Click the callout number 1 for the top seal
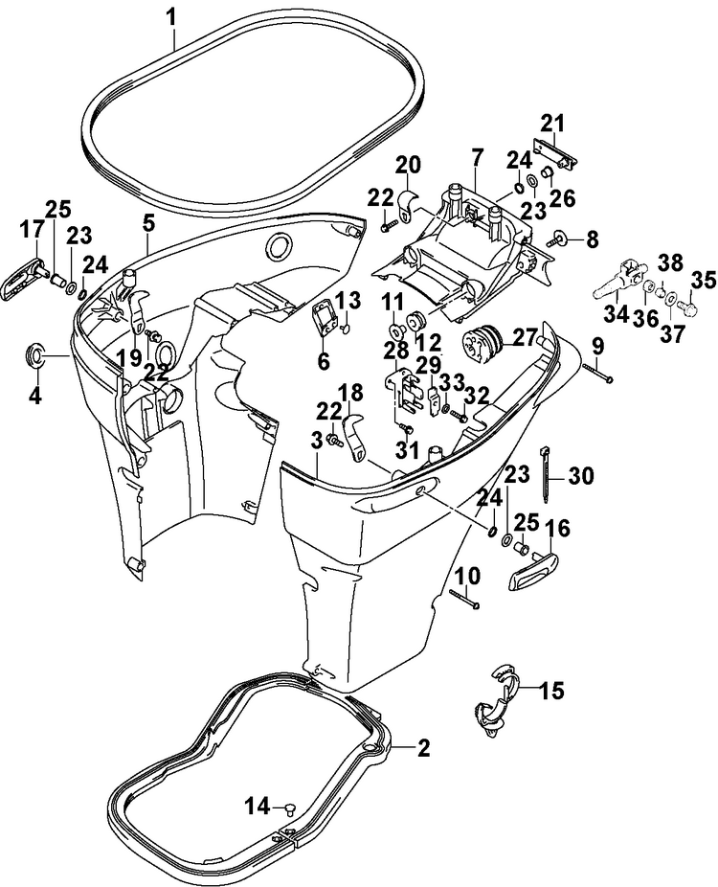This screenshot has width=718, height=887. coord(172,17)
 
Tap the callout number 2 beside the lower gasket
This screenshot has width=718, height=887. coord(423,748)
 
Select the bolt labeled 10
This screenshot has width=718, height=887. coord(464,599)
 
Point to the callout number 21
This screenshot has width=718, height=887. coord(553,124)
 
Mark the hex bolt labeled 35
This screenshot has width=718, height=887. coord(688,307)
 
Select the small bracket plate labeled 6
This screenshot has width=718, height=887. coord(322,320)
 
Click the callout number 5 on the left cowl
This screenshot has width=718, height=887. coord(148,223)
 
